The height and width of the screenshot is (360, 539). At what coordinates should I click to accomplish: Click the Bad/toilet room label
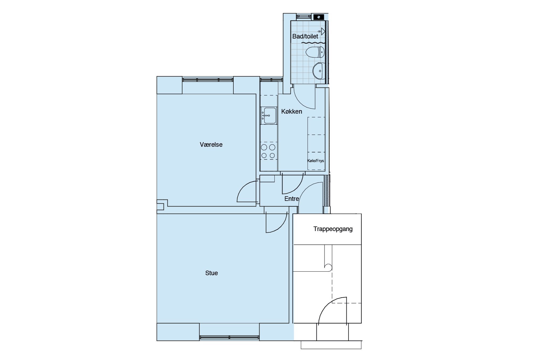pyautogui.click(x=305, y=36)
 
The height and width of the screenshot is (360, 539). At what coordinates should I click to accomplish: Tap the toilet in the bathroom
pyautogui.click(x=315, y=52)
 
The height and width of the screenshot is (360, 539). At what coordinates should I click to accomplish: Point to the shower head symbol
pyautogui.click(x=323, y=32)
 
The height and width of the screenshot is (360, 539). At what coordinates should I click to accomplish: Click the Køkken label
pyautogui.click(x=292, y=111)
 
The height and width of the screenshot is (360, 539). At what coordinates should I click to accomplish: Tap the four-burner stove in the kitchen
pyautogui.click(x=268, y=151)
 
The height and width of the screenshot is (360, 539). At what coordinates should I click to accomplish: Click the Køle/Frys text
pyautogui.click(x=316, y=161)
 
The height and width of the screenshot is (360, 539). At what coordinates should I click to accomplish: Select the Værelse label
pyautogui.click(x=211, y=145)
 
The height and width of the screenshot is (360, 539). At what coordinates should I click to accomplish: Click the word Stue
pyautogui.click(x=212, y=273)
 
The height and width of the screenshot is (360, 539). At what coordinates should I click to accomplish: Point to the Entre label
pyautogui.click(x=292, y=199)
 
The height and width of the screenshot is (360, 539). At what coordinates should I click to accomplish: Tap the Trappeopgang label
pyautogui.click(x=333, y=229)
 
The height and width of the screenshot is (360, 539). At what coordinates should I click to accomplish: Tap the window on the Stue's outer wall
pyautogui.click(x=229, y=337)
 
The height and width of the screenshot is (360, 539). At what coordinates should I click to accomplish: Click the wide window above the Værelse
pyautogui.click(x=208, y=80)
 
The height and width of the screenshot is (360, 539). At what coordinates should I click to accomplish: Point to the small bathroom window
pyautogui.click(x=304, y=17)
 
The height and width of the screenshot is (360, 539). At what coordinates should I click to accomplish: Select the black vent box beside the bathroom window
pyautogui.click(x=319, y=17)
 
